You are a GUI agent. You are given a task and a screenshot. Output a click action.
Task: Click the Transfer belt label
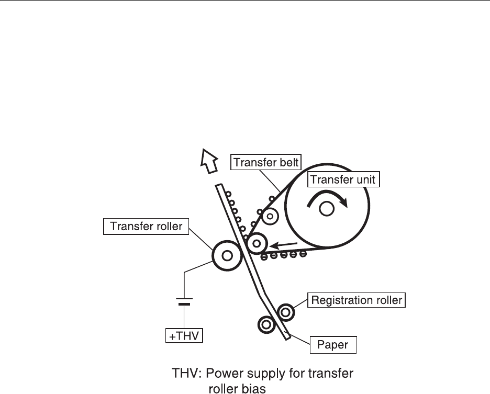coord(266,162)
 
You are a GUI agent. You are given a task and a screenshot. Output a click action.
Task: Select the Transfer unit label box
coord(343,180)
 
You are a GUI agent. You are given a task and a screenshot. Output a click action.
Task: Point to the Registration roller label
coord(357,300)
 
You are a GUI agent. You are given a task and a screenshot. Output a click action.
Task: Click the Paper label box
coord(333,345)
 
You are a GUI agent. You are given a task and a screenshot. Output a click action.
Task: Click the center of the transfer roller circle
coord(227,255)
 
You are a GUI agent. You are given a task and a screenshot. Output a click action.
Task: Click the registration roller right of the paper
coord(286,312)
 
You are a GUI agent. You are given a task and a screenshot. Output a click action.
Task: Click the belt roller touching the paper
coord(257,244)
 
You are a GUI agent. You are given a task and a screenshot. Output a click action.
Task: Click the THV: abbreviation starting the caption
coord(187,374)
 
